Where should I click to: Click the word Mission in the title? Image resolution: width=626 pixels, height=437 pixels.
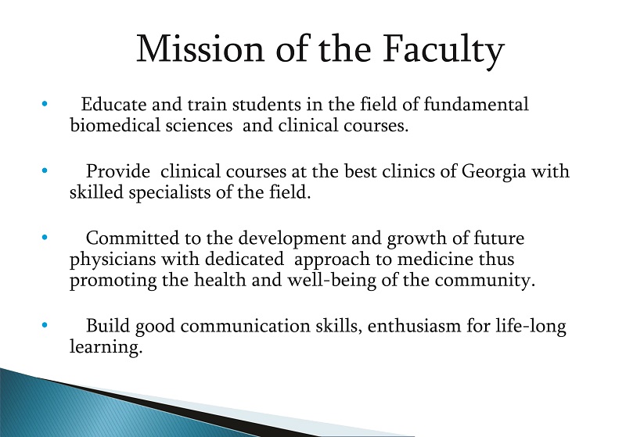200,48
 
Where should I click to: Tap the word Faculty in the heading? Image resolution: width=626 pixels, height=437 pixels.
444,52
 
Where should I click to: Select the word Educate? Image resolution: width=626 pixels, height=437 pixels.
113,105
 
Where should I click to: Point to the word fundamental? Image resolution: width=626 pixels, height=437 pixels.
476,105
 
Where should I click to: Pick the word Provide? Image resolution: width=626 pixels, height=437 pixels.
118,171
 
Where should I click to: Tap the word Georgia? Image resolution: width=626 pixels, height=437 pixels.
494,172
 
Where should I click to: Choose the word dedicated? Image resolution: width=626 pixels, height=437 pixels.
244,259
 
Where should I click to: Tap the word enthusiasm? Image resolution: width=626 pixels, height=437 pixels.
414,326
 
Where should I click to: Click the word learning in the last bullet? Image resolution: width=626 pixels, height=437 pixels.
106,348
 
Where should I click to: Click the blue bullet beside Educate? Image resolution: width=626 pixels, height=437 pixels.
45,104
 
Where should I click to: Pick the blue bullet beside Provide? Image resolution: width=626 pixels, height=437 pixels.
45,170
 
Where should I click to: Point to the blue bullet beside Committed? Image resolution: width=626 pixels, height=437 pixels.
45,238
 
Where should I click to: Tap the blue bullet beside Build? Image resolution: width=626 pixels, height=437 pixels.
45,325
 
